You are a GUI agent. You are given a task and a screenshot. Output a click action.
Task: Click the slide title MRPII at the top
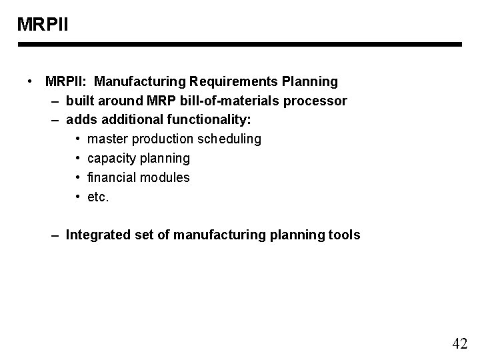(x=43, y=25)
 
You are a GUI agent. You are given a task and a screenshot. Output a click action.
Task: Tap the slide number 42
(x=459, y=344)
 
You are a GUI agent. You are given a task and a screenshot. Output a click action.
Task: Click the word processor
(x=319, y=101)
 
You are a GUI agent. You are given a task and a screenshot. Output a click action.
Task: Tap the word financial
(x=111, y=178)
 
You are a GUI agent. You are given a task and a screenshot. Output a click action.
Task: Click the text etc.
(x=97, y=197)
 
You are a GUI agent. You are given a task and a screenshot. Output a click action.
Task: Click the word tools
(x=344, y=235)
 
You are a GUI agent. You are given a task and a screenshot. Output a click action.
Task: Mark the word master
(x=107, y=139)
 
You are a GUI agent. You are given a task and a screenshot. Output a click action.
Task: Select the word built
(x=81, y=101)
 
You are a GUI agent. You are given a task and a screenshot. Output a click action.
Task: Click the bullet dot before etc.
(x=77, y=197)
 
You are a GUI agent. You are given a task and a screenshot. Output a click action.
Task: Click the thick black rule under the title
(x=240, y=45)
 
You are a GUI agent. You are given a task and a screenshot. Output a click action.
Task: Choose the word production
(x=163, y=139)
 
